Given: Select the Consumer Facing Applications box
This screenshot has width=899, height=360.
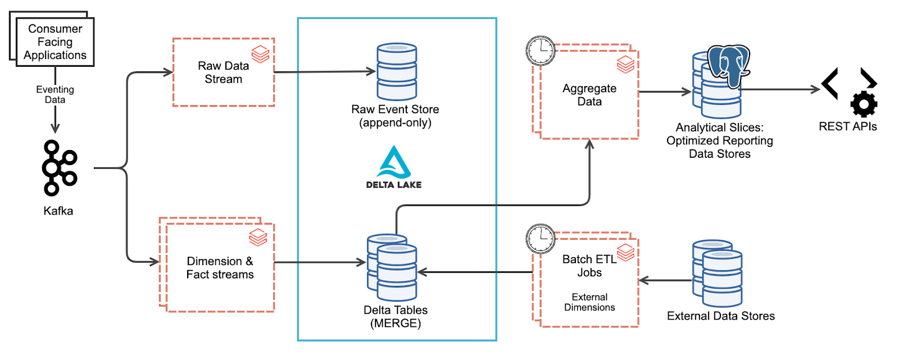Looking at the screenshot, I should tap(55, 42).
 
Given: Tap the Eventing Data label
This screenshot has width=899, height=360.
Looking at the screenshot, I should tap(55, 94).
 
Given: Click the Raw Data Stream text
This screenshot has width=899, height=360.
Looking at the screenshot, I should tap(223, 72).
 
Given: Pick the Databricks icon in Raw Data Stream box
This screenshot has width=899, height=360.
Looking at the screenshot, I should tap(260, 54).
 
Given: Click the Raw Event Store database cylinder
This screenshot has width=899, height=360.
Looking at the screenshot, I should tap(397, 72).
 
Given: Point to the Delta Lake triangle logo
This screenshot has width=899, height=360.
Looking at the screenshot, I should tap(394, 162).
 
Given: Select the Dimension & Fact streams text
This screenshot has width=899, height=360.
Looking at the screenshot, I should tap(220, 268).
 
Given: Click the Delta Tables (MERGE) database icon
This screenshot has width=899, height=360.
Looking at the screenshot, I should tap(393, 267).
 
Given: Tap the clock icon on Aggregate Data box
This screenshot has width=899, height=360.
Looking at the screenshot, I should tap(541, 51).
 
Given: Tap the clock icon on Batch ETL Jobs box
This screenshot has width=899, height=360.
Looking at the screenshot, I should tap(541, 239).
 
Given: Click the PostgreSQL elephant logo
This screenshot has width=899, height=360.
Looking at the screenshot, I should tap(729, 66).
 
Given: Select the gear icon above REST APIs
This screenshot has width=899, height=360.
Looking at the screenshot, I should tap(864, 104).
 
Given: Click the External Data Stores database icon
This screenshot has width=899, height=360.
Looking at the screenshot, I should tap(718, 274).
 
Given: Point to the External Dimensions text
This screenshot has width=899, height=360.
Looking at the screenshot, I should tap(589, 302).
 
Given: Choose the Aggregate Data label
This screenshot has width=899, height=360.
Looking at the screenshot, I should tap(589, 95).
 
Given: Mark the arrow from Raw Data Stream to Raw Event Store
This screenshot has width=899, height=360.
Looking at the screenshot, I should tap(324, 72).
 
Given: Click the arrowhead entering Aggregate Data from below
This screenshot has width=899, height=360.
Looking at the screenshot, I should tap(589, 144).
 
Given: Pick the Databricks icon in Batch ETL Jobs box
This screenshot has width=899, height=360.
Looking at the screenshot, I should tap(625, 252).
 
